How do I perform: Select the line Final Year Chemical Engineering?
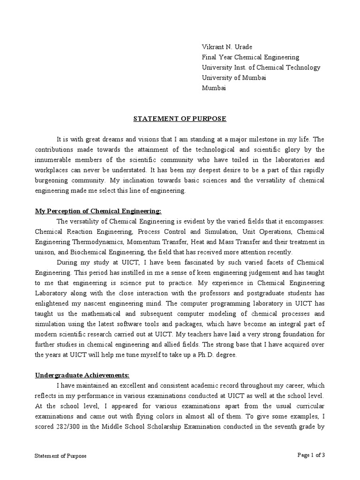pyautogui.click(x=250, y=57)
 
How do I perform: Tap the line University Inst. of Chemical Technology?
pyautogui.click(x=261, y=67)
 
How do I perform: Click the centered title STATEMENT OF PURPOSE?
pyautogui.click(x=180, y=119)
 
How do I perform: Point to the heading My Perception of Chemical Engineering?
pyautogui.click(x=98, y=211)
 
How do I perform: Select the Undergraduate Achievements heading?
pyautogui.click(x=82, y=375)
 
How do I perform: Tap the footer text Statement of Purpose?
pyautogui.click(x=61, y=456)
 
